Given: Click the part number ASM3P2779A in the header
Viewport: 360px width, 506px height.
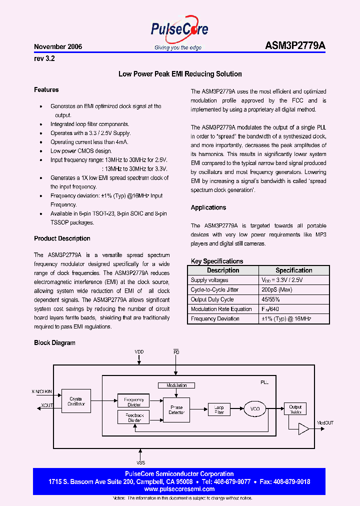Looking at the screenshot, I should (295, 46).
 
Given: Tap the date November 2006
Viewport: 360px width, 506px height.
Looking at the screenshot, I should (58, 46).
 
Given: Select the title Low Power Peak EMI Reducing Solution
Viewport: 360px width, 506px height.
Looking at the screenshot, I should (180, 74).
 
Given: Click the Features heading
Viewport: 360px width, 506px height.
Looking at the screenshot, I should (46, 90).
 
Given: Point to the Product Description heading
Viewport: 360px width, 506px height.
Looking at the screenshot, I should (62, 238).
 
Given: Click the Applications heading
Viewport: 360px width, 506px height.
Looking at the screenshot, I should (208, 207).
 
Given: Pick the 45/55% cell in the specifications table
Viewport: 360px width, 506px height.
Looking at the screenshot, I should (270, 299).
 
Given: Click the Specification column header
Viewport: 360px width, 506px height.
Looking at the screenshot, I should (294, 270).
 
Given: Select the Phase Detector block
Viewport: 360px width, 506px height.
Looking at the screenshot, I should (177, 409).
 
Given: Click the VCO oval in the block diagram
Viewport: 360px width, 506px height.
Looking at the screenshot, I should (255, 409).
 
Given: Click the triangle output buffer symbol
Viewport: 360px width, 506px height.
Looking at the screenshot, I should (303, 428).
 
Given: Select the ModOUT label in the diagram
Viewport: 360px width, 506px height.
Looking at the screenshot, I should (325, 423).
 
